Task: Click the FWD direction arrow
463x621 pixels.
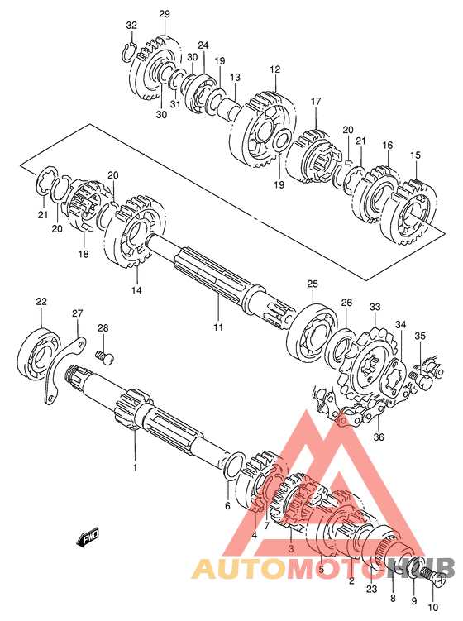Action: coord(88,538)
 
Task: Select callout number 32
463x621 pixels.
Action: coord(131,26)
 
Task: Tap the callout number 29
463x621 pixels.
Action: coord(165,14)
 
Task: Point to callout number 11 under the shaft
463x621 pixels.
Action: coord(218,327)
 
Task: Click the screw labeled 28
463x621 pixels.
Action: coord(105,357)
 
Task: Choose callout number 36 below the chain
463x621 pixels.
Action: coord(379,437)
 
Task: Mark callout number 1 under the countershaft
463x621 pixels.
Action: coord(135,468)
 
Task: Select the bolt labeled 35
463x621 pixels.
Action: coord(421,380)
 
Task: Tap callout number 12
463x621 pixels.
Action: coord(275,69)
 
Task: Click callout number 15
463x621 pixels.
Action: coord(416,155)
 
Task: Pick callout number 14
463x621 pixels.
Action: coord(136,290)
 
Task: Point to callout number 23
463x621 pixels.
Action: coord(372,589)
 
